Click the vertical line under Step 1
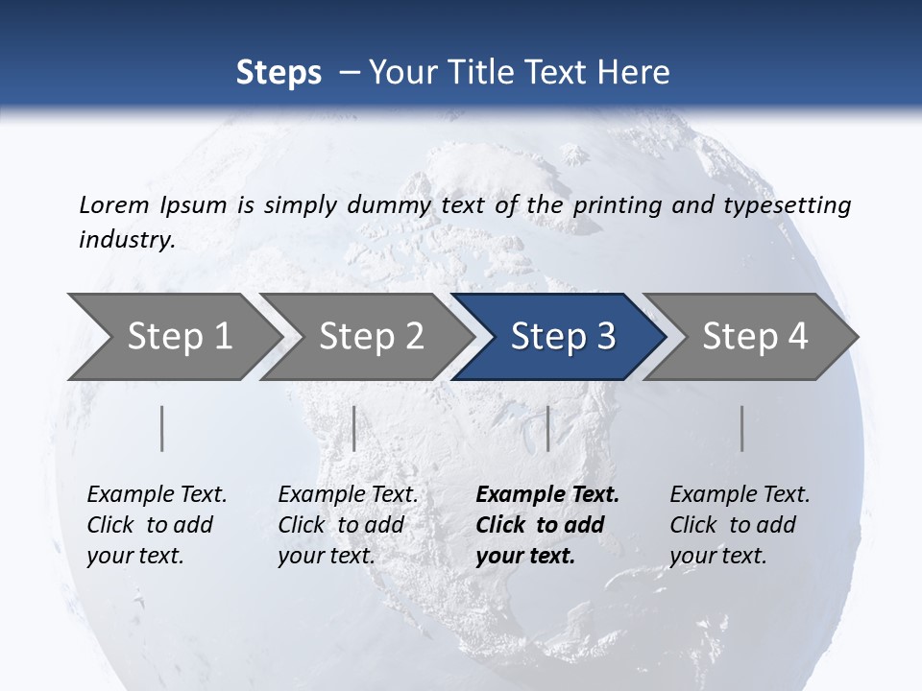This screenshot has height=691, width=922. [162, 428]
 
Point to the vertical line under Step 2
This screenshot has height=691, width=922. [354, 428]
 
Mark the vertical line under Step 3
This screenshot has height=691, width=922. [547, 428]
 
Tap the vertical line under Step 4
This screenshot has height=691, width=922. [742, 428]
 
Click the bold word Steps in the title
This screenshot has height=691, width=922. [279, 73]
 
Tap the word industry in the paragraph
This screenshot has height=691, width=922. [127, 239]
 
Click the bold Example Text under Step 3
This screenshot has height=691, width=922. [547, 495]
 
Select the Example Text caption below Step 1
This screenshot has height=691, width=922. [157, 495]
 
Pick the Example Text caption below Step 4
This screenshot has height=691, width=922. [740, 495]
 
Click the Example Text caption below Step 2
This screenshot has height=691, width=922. [348, 495]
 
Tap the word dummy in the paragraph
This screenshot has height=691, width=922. [395, 204]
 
